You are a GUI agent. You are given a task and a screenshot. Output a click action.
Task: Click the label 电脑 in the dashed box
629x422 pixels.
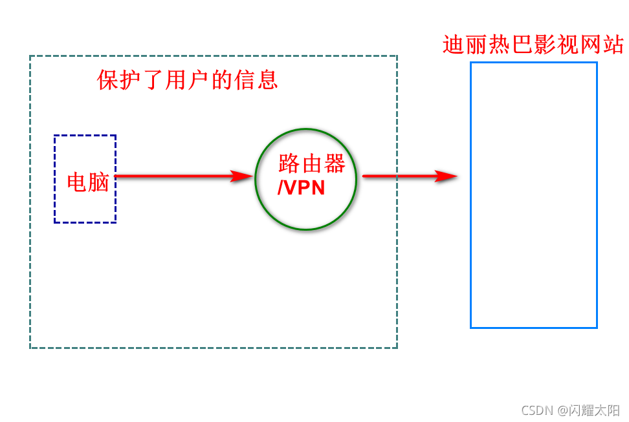[x=88, y=182]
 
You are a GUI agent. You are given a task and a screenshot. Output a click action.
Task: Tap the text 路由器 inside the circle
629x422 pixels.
[x=312, y=164]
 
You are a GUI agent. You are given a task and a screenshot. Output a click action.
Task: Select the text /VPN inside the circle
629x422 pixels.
[x=301, y=187]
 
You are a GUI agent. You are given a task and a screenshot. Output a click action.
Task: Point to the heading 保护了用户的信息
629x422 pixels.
[x=188, y=79]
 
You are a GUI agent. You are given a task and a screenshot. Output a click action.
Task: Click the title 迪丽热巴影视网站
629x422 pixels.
[x=533, y=45]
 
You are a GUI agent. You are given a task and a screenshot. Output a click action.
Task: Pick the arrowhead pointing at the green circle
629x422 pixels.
[x=243, y=176]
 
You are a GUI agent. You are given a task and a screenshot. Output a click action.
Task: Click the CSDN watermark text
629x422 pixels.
[x=535, y=410]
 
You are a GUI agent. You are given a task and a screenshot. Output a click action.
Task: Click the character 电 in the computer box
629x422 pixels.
[x=78, y=182]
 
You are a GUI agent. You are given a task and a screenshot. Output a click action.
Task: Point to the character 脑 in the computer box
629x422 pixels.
[x=98, y=182]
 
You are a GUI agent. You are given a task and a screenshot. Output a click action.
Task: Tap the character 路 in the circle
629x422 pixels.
[x=289, y=164]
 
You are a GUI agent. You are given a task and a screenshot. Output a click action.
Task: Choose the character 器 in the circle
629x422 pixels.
[x=335, y=164]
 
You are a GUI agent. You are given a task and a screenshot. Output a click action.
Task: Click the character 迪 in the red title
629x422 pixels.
[x=454, y=45]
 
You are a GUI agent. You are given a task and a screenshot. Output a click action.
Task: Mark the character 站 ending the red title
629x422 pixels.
[x=612, y=45]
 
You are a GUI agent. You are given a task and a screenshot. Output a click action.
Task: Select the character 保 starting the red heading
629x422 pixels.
[x=108, y=79]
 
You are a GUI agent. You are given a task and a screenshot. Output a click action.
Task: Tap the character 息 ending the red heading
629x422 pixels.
[x=267, y=79]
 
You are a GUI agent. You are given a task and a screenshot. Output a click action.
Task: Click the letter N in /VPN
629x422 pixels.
[x=316, y=187]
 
